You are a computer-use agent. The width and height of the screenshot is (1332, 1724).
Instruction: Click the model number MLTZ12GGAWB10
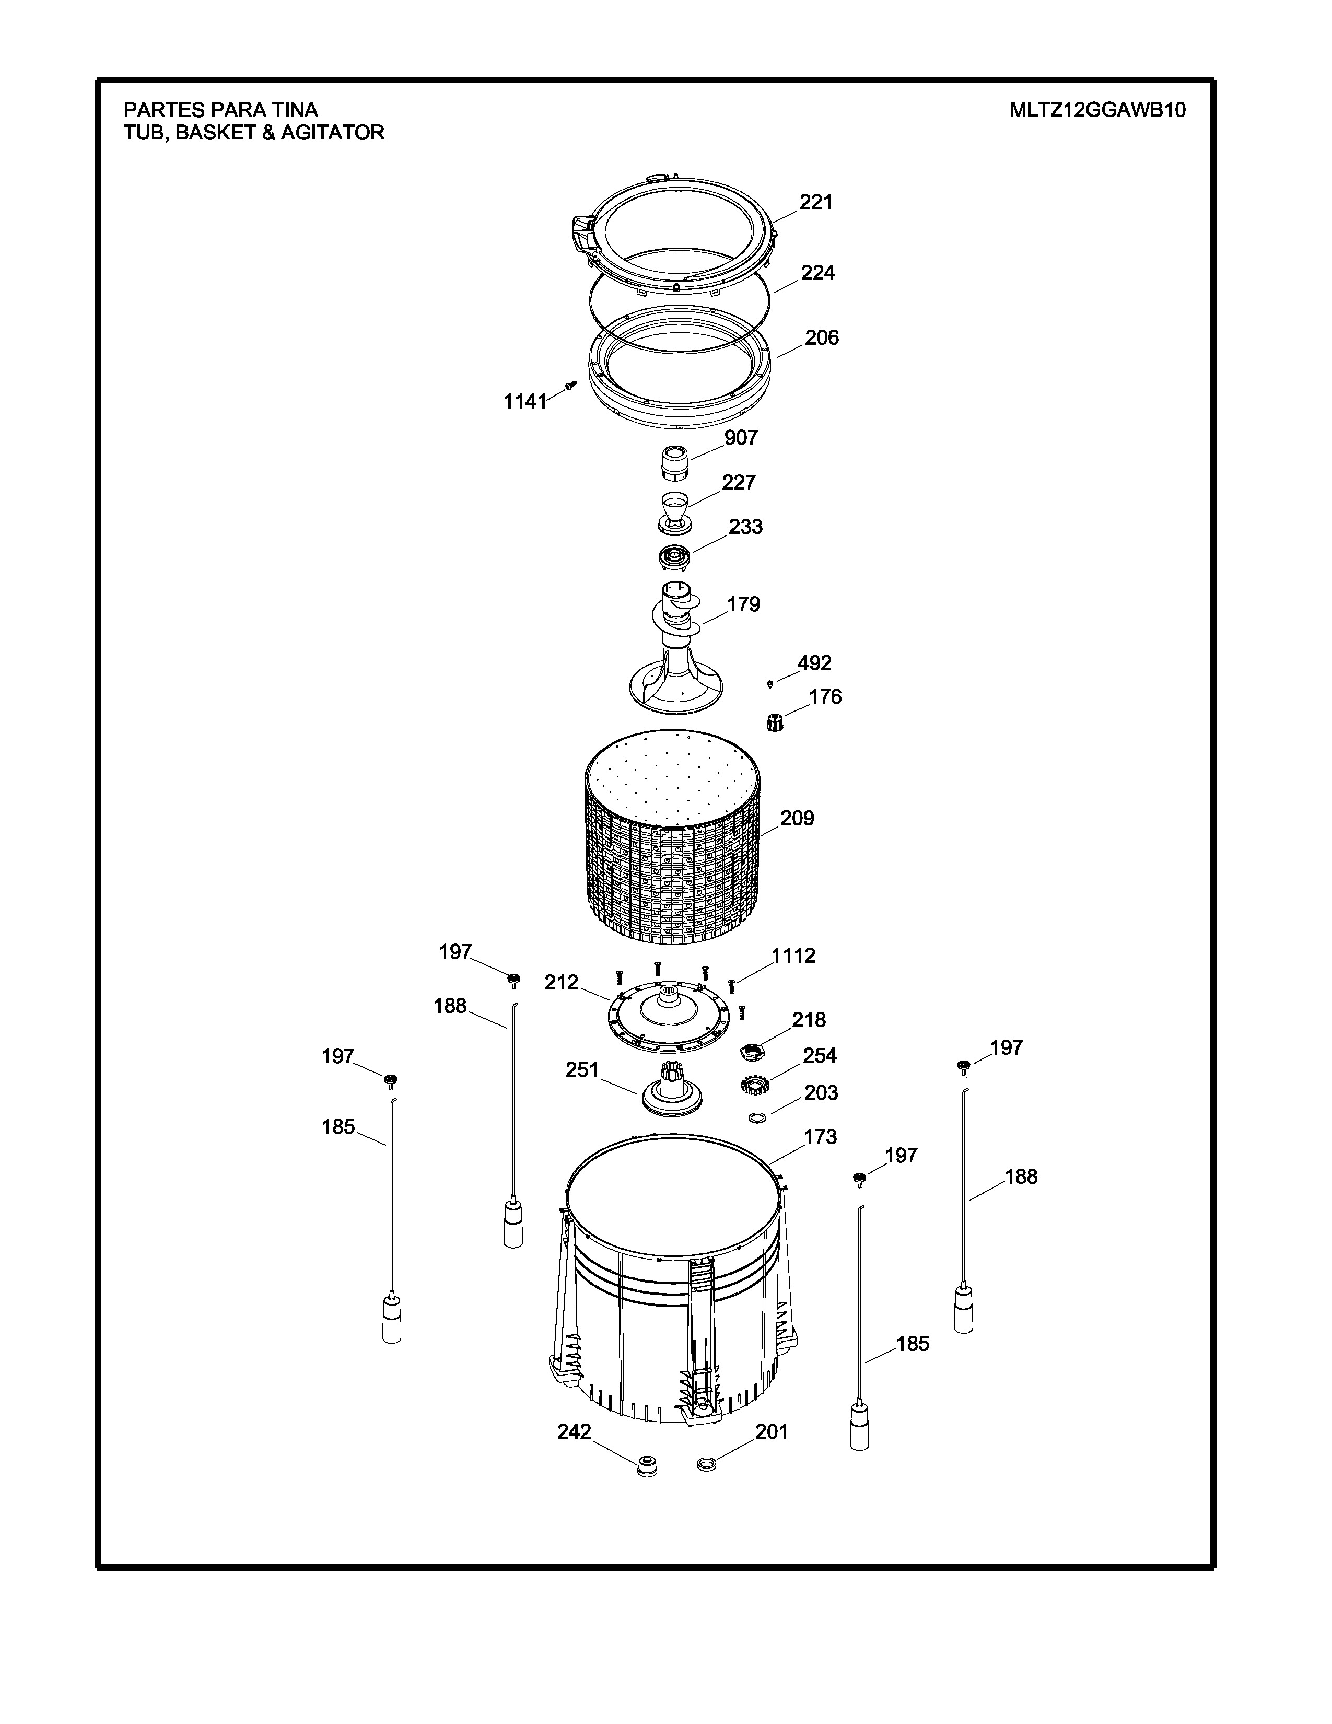(1097, 110)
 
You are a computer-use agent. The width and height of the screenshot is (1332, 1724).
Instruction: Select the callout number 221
(816, 202)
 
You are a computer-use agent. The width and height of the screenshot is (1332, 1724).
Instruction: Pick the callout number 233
(745, 527)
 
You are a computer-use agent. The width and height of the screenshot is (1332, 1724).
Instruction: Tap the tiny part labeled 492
(770, 683)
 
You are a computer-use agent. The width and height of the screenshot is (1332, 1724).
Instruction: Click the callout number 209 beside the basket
(797, 818)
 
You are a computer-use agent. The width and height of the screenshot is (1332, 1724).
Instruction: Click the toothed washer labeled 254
(755, 1085)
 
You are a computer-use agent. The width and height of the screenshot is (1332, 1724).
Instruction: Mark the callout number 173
(820, 1137)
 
